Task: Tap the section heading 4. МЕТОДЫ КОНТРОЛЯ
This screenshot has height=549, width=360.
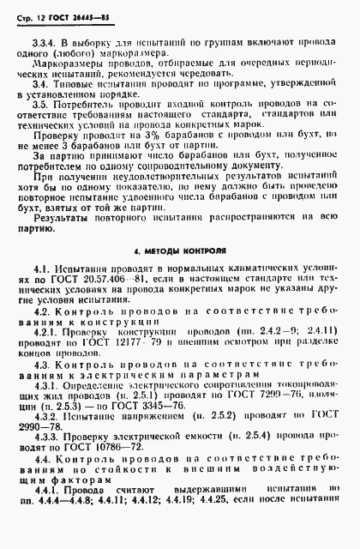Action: (x=180, y=253)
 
